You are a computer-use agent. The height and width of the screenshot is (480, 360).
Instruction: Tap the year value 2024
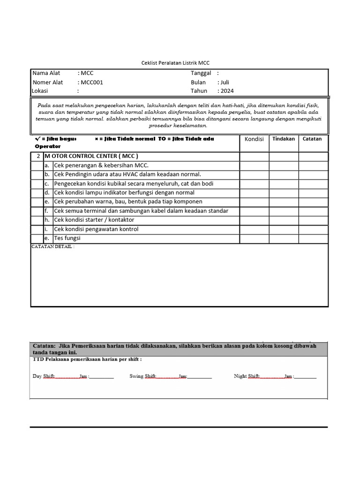(x=226, y=91)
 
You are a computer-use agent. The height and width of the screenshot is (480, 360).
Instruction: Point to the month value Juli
(x=225, y=82)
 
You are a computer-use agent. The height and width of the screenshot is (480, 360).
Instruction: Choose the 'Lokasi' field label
(x=40, y=91)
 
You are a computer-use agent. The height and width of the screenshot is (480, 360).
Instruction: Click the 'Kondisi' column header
(x=254, y=139)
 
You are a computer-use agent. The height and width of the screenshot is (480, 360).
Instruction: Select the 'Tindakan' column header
(x=284, y=139)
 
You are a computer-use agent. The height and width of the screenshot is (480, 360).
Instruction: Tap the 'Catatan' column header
(x=312, y=139)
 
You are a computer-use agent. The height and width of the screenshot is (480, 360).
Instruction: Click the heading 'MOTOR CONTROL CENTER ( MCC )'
(x=91, y=156)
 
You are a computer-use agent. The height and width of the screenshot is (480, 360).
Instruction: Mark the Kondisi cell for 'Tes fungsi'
(x=254, y=239)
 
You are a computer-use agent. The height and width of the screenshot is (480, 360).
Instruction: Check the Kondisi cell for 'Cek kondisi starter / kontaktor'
(x=254, y=220)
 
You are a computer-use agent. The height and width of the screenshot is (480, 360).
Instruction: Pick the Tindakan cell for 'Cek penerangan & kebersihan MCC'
(x=284, y=165)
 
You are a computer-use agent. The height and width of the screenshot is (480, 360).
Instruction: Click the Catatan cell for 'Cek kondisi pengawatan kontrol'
(x=313, y=229)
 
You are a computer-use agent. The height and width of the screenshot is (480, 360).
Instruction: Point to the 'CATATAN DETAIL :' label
(x=52, y=247)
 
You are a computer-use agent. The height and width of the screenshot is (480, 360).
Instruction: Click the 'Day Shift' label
(x=44, y=376)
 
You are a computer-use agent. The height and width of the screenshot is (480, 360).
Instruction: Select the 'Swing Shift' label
(x=142, y=376)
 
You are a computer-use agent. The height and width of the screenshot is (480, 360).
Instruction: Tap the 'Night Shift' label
(x=247, y=376)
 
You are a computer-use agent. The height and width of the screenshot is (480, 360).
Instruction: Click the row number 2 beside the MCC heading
(x=38, y=156)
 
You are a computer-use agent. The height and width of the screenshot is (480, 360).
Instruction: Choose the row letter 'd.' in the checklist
(x=47, y=193)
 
